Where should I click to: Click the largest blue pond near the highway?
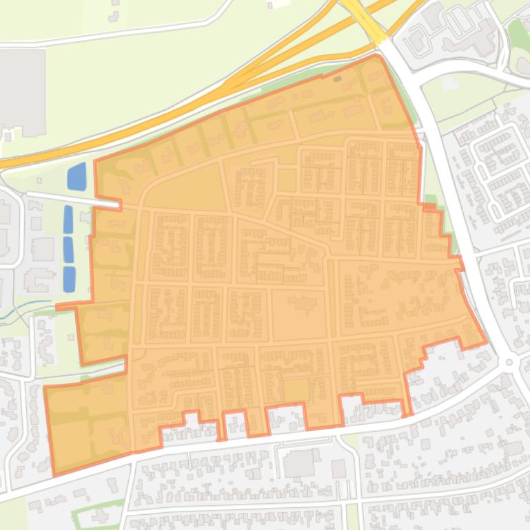[x=77, y=177]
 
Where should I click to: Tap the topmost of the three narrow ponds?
[x=68, y=219]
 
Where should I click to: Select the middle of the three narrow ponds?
[x=68, y=249]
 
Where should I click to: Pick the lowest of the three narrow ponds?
[x=69, y=279]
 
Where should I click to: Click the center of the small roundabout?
[x=509, y=362]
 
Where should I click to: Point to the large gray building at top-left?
[x=22, y=92]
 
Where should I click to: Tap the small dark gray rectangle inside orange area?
[x=337, y=79]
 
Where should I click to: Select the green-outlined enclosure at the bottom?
[x=97, y=513]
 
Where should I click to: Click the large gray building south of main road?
[x=298, y=463]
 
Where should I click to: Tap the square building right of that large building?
[x=338, y=469]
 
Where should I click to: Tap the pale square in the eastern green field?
[x=450, y=83]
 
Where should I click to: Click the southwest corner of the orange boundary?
[x=54, y=474]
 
